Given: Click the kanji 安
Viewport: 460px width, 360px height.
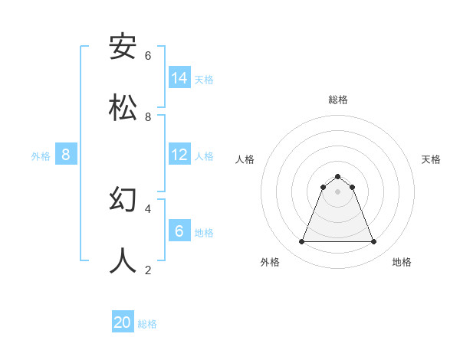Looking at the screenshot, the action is (123, 47).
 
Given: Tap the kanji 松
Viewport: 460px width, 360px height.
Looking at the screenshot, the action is (123, 108).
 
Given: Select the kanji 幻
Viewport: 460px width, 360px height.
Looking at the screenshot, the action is (123, 200).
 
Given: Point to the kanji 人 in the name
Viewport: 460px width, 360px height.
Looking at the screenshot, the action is (123, 260).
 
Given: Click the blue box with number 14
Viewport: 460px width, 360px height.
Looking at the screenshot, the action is (179, 77).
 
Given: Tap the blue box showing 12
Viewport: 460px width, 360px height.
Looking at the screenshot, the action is (179, 155).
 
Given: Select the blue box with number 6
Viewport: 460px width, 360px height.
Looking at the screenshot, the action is (179, 231).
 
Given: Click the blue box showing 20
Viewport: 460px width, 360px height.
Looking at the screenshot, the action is (123, 322).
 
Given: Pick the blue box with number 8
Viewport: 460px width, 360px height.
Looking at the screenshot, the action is (66, 155).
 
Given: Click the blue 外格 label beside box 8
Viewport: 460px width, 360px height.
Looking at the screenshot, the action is (41, 155).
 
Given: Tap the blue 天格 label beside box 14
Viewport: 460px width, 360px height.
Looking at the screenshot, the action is (204, 79).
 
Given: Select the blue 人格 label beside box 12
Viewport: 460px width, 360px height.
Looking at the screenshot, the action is (204, 155).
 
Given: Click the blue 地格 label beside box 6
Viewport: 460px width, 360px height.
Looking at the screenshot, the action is (204, 232).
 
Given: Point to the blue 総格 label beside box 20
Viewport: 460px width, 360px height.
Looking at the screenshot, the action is (147, 324).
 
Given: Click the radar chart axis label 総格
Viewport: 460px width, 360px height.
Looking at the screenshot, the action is (338, 100).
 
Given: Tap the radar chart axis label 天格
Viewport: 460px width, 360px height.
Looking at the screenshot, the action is (432, 159).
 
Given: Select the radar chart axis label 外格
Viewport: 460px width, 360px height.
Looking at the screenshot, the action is (270, 262).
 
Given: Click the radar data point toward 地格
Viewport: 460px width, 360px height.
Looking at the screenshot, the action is (373, 242).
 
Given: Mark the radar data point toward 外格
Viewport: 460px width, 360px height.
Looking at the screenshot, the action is (301, 242).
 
